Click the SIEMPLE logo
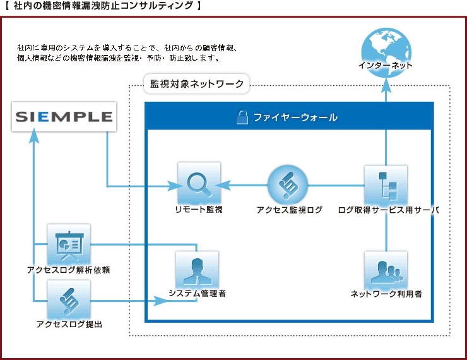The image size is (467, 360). (x=64, y=116)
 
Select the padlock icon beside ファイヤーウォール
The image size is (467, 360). (x=242, y=117)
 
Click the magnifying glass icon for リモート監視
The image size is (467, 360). (x=199, y=183)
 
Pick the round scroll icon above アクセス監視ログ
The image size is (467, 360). (x=288, y=185)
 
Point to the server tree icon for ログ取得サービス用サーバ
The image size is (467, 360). (x=386, y=185)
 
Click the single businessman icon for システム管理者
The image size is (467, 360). (x=197, y=270)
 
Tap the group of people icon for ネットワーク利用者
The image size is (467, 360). (x=386, y=270)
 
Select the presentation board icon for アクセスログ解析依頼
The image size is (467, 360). (x=69, y=244)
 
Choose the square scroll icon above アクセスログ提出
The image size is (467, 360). (x=69, y=300)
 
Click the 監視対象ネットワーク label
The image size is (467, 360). (x=196, y=84)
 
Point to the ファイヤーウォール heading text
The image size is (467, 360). (x=295, y=117)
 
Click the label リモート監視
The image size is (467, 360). (x=199, y=209)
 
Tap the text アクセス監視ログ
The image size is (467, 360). (x=289, y=210)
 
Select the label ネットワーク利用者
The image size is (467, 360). (x=386, y=294)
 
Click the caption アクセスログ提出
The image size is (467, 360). (x=69, y=324)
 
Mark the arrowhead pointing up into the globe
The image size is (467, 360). (x=386, y=85)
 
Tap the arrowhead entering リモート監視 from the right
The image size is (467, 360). (x=223, y=185)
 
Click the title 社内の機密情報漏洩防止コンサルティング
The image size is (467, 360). (x=103, y=6)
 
